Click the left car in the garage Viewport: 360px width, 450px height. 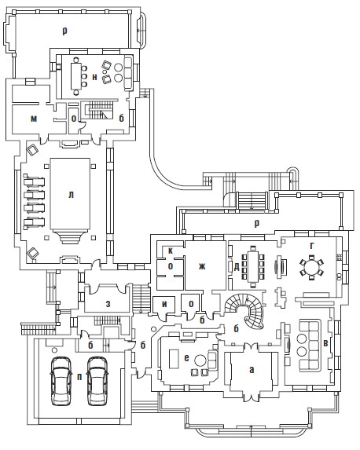[61, 381]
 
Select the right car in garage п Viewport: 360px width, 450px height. [97, 381]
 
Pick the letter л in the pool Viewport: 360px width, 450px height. [71, 195]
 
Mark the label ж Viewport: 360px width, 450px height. [202, 266]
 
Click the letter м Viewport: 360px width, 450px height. [34, 119]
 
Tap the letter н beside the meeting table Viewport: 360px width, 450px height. [94, 77]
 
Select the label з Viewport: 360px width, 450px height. [108, 304]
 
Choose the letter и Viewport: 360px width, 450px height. [164, 304]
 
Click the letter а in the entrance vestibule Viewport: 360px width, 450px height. [252, 370]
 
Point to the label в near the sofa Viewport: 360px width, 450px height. [325, 344]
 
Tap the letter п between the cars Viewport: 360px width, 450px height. [79, 377]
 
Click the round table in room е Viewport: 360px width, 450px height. [200, 360]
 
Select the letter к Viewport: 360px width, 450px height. [171, 251]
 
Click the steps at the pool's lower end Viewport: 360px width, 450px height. [70, 236]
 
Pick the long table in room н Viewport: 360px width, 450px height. [76, 76]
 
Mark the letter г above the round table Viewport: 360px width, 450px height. [312, 246]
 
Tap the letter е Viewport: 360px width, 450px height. [187, 358]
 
